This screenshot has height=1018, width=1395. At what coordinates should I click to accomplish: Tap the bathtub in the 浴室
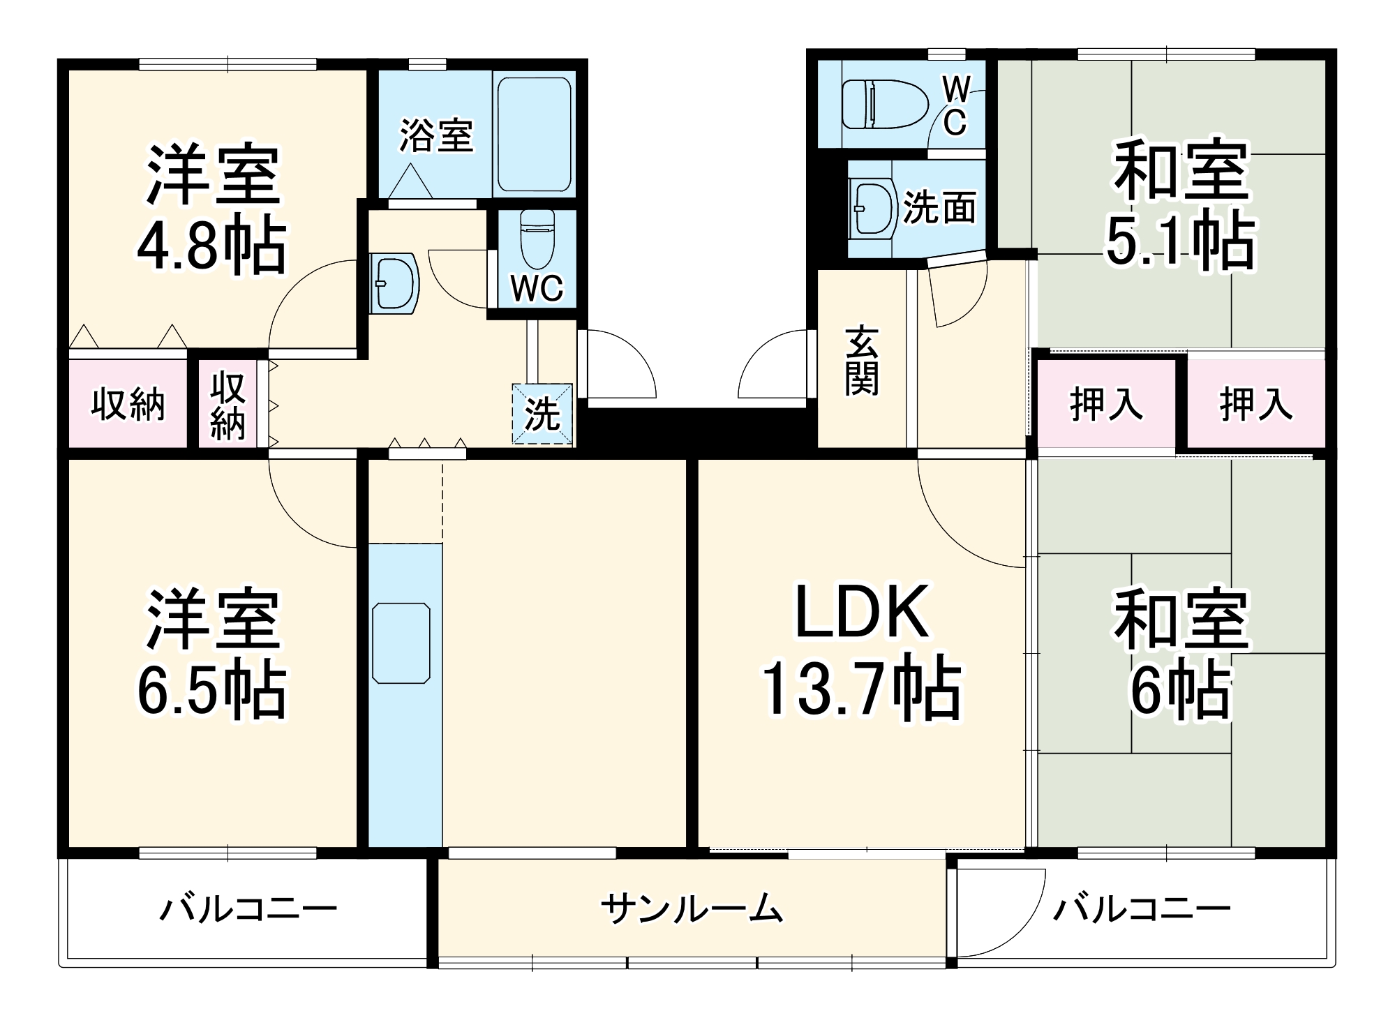point(535,134)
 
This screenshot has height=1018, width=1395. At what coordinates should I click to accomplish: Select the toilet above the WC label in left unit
point(537,239)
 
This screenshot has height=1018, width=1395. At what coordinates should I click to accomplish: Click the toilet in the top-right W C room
point(885,104)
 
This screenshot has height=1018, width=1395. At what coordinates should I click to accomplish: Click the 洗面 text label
point(939,207)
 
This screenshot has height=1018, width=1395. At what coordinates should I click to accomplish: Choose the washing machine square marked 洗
point(542,414)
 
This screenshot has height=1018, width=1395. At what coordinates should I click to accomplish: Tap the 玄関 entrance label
point(861,360)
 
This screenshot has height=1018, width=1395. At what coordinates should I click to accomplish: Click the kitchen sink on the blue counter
point(401,643)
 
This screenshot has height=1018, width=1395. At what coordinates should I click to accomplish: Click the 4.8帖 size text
point(211,246)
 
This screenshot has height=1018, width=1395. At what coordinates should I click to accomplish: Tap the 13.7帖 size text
point(861,691)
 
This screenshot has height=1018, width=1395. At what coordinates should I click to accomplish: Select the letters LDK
point(863,612)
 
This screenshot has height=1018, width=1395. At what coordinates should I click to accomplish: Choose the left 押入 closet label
point(1106,403)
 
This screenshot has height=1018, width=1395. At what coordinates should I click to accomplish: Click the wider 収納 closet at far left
point(128,403)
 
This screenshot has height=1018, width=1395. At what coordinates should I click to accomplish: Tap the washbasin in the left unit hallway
point(394,283)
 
